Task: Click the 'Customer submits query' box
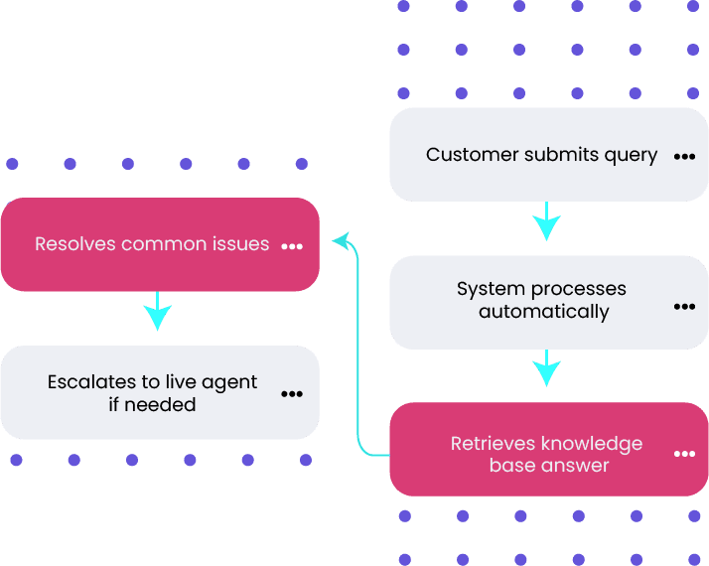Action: pos(547,155)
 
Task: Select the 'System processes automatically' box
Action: pos(547,301)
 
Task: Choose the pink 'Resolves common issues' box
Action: pos(160,244)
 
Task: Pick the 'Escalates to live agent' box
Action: pos(160,393)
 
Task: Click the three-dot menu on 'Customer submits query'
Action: pos(684,157)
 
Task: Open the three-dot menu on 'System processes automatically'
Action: pos(684,307)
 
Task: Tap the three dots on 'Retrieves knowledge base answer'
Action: pos(684,454)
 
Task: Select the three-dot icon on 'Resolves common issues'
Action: pos(292,246)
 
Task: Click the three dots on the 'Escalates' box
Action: pos(292,394)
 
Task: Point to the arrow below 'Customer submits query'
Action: pos(546,222)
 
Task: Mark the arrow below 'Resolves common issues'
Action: pos(158,312)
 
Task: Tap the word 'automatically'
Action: pos(544,312)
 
